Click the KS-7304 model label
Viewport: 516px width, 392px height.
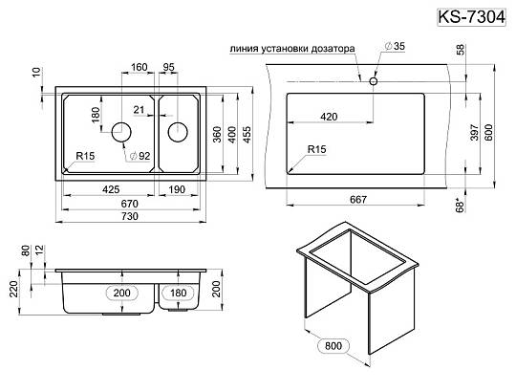coord(471,17)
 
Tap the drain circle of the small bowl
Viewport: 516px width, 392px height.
coord(178,132)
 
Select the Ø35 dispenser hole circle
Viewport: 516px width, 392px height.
coord(374,81)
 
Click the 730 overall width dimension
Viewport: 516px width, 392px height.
coord(130,216)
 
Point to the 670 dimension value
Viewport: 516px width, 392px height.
coord(130,204)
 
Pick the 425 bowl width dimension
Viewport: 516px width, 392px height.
coord(111,189)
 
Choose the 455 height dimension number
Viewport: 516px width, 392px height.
coord(247,134)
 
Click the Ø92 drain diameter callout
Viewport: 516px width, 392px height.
coord(140,156)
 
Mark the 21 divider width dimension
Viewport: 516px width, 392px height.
coord(139,110)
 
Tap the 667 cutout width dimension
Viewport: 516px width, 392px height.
coord(358,200)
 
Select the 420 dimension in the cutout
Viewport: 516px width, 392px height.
coord(329,117)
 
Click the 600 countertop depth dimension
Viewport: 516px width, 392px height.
coord(488,132)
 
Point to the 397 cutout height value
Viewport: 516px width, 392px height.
coord(474,132)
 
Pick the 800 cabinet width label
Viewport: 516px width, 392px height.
coord(333,345)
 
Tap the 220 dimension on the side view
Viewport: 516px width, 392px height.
coord(13,290)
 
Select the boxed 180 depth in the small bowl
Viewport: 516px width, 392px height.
coord(178,293)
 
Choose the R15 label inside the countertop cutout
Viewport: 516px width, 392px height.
coord(316,149)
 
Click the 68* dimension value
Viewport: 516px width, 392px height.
coord(460,205)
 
